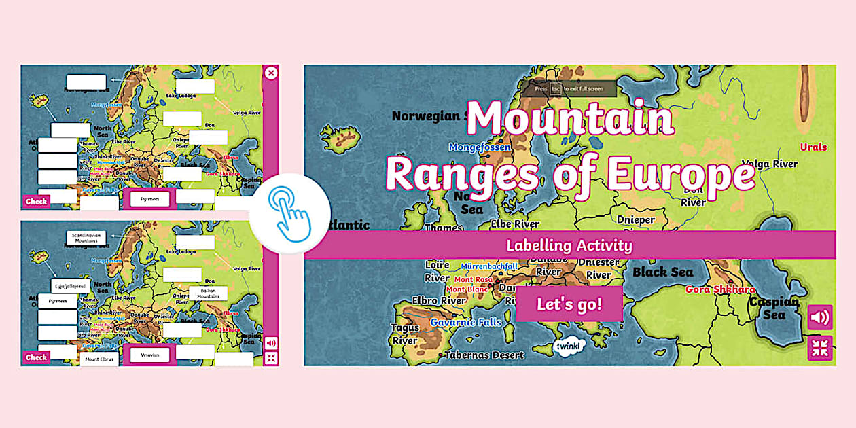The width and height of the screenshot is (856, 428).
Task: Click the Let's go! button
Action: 569,304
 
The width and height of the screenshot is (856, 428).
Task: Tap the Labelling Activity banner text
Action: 569,245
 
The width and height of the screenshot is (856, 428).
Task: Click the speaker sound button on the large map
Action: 820,317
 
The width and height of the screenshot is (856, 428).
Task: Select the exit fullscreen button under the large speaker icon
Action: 820,348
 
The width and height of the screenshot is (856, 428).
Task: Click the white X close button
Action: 271,73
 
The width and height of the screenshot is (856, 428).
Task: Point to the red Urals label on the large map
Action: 813,147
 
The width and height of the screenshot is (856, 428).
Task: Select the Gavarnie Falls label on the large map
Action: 465,322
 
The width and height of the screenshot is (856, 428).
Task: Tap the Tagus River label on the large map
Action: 405,334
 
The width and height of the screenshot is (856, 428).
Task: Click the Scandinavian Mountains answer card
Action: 86,238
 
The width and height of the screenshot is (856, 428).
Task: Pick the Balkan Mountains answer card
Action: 208,293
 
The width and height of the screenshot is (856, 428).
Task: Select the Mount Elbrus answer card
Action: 99,359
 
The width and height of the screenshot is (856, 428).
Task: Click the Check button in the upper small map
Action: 36,202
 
